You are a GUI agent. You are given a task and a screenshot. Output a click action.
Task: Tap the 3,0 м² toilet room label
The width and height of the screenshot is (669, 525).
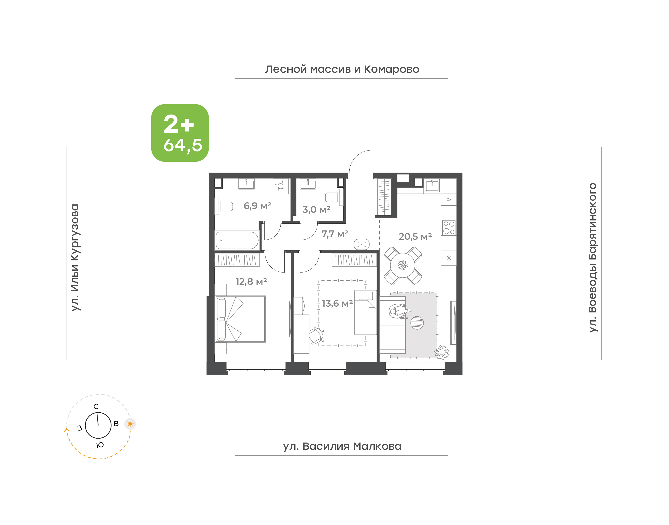316,210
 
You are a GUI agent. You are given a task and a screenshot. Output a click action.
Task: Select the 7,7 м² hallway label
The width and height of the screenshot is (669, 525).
335,234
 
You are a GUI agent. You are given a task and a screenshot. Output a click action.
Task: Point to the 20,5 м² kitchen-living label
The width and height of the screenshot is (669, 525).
415,236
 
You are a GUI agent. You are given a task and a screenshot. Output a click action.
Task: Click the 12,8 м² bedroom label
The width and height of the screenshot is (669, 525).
251,282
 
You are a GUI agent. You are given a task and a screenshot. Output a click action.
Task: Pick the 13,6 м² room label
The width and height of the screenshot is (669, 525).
337,303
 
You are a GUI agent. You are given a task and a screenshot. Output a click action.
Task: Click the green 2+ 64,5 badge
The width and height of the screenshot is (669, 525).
180,133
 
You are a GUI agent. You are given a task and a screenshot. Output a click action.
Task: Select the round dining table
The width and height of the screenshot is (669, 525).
403,265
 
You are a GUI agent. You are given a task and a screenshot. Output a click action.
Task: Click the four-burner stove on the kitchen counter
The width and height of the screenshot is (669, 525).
449,228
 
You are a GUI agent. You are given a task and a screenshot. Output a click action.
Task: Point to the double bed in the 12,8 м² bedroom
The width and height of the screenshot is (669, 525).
240,319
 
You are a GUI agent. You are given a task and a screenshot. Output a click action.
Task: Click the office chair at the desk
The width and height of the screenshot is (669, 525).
317,335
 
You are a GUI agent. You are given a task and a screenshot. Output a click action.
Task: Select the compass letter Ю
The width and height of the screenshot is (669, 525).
100,445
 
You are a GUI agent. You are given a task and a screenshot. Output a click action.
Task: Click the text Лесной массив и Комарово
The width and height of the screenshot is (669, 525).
342,69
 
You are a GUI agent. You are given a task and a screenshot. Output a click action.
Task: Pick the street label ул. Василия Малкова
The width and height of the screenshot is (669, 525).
342,446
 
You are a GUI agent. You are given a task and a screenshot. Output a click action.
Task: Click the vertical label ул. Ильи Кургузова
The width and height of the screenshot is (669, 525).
75,258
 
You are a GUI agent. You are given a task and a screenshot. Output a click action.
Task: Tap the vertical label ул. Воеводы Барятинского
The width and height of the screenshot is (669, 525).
593,258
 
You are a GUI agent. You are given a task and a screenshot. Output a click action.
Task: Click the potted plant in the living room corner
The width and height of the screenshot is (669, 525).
442,352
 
